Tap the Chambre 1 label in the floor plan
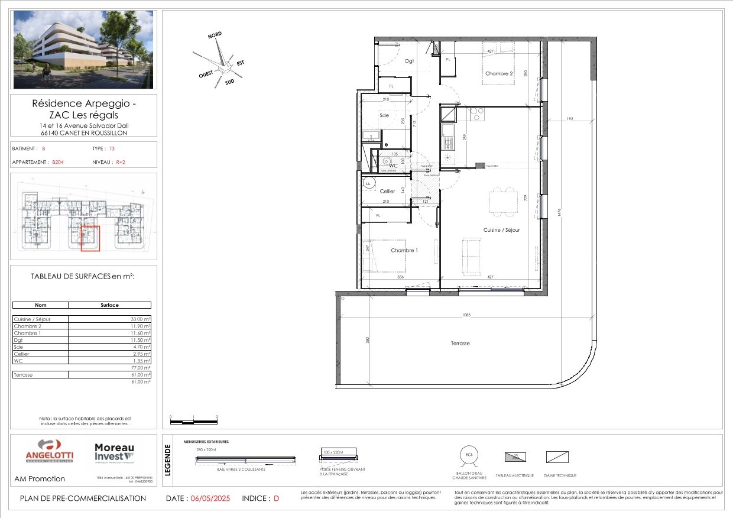(x=404, y=250)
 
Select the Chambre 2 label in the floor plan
(x=498, y=73)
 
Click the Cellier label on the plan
(x=387, y=191)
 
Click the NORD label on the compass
(x=215, y=36)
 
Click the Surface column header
(x=109, y=305)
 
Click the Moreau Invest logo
(x=115, y=453)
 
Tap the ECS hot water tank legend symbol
(x=469, y=454)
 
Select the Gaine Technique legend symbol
(x=557, y=457)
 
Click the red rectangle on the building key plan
(x=90, y=238)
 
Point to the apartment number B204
(x=58, y=161)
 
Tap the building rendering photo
(x=83, y=50)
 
